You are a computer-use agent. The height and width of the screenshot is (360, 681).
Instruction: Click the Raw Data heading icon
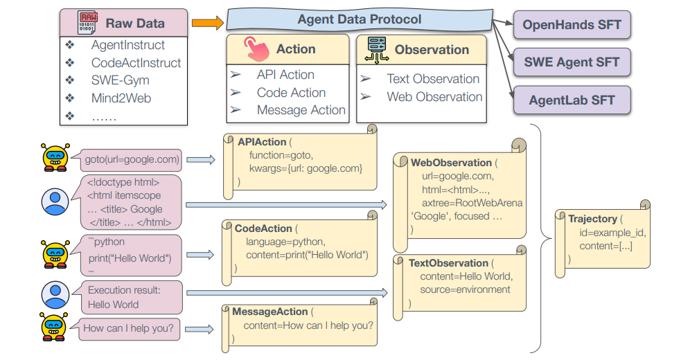(87, 23)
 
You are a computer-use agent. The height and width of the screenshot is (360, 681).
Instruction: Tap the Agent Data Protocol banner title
(359, 19)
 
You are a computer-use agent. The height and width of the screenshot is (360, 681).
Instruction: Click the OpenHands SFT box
(572, 26)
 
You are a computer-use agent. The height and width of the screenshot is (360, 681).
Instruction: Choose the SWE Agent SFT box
(572, 62)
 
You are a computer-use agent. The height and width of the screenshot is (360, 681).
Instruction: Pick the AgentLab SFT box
(572, 100)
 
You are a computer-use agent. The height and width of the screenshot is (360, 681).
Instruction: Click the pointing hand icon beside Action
(257, 49)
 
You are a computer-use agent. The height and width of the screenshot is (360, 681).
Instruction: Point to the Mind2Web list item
(121, 98)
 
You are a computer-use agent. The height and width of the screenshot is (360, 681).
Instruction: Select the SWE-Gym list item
(120, 80)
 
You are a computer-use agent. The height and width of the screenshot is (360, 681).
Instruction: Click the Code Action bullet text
(291, 93)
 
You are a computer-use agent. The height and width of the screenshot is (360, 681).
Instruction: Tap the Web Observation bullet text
(434, 97)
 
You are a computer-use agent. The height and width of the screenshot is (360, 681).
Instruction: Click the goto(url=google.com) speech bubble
(132, 159)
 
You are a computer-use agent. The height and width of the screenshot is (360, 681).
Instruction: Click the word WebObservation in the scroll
(451, 163)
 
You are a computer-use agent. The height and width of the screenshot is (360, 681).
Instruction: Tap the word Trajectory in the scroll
(592, 219)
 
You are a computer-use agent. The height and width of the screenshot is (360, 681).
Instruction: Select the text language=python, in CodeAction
(285, 242)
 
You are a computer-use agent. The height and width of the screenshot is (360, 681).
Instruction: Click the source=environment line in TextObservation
(465, 289)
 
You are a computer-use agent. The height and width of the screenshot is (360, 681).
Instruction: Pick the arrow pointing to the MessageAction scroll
(201, 328)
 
